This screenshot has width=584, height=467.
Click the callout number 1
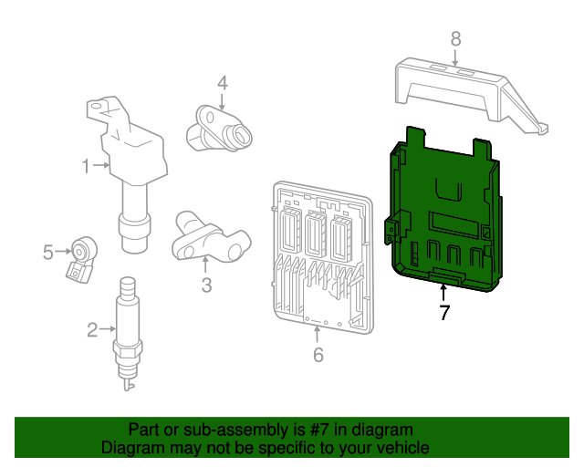click(85, 166)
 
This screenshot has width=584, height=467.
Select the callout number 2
click(92, 329)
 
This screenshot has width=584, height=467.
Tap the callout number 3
click(206, 285)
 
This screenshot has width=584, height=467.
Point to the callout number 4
click(222, 83)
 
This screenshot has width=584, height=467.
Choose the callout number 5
click(48, 252)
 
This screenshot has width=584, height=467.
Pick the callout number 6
click(318, 355)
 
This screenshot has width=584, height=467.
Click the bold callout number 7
click(444, 314)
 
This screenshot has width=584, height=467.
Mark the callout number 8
click(455, 38)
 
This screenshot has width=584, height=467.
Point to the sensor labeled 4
click(222, 129)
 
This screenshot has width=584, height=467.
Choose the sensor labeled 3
click(208, 236)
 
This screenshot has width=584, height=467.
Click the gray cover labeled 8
click(465, 91)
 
